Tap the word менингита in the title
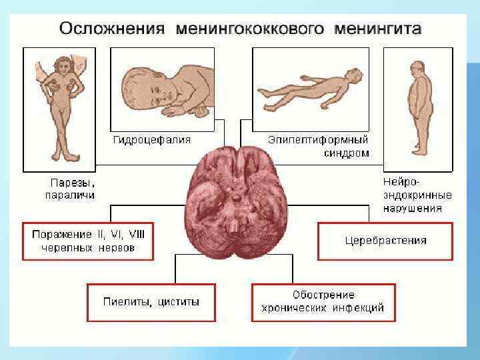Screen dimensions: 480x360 point(381,29)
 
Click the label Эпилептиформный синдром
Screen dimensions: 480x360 point(318,147)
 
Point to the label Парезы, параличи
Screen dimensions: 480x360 point(69,189)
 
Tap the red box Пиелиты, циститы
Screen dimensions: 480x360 point(151,301)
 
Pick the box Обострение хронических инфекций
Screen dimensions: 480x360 point(323,301)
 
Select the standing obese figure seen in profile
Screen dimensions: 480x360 point(418,107)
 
